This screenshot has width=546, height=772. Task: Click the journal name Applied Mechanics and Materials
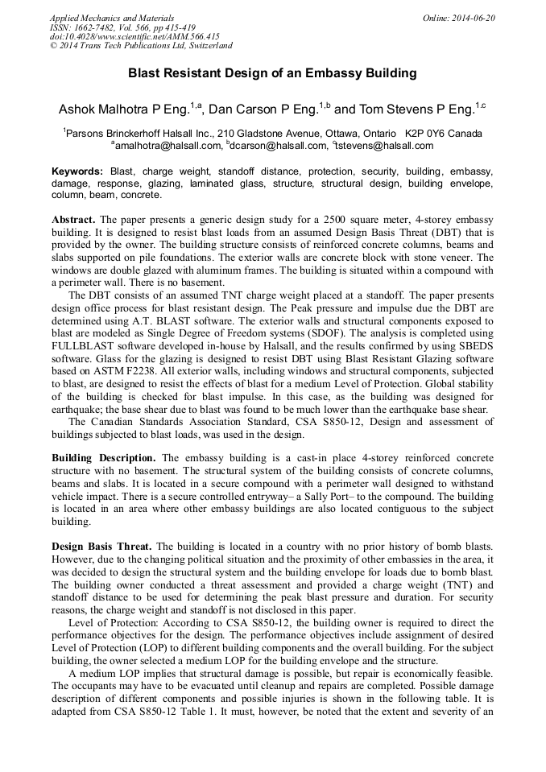[111, 18]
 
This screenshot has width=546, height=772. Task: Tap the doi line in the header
[134, 37]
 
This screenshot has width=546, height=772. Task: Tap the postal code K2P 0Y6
[427, 134]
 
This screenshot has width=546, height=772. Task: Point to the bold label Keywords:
[77, 171]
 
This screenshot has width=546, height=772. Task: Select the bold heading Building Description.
[103, 458]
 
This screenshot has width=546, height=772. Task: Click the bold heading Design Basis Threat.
[101, 547]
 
